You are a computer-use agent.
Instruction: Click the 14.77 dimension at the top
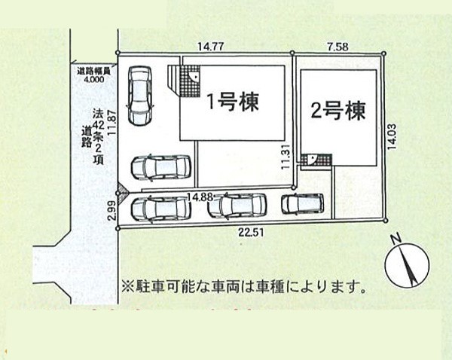211,46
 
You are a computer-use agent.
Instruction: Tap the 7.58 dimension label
338,47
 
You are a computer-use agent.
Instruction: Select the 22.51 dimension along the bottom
251,232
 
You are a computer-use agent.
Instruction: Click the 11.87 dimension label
112,123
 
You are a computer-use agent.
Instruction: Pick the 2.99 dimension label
112,211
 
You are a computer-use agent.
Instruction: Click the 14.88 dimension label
200,197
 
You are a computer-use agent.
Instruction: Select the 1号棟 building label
233,102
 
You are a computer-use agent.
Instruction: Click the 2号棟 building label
338,111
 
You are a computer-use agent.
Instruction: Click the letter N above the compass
396,238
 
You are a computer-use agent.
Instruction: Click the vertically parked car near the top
139,96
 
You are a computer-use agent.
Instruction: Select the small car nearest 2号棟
302,203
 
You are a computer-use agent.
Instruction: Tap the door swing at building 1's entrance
194,75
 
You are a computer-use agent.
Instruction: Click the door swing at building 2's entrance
312,160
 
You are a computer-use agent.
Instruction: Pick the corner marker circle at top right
383,53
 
